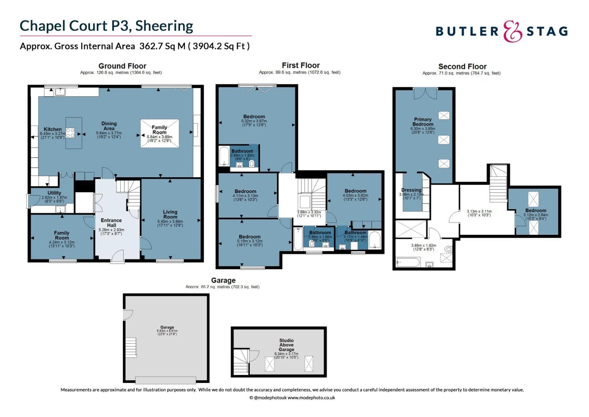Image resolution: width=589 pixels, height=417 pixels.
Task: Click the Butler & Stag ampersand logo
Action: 512,31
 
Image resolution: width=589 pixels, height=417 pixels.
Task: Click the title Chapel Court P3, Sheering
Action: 106,26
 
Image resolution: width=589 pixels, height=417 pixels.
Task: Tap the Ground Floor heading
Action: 122,66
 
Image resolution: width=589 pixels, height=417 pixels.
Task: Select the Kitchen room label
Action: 52,129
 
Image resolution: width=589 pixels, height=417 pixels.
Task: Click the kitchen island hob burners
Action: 70,133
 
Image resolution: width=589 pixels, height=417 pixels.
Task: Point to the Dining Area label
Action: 109,126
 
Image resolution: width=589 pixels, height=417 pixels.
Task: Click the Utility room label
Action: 54,193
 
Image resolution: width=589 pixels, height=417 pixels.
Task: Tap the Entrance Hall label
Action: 111,223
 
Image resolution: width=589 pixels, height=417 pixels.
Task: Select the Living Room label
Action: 170,214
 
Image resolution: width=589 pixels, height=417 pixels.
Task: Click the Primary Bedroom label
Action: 423,122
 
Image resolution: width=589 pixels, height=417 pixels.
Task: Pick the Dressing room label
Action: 411,190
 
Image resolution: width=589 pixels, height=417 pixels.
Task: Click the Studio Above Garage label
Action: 286,345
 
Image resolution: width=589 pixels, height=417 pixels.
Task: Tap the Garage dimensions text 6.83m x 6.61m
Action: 167,331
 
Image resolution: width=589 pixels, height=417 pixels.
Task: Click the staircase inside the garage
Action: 131,347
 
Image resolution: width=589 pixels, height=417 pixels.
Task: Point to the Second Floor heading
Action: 462,66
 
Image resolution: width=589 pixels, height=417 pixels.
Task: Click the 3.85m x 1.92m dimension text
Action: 423,246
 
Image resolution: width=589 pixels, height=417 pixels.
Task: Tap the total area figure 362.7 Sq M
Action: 162,46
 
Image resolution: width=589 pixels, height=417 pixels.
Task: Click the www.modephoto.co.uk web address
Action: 311,398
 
